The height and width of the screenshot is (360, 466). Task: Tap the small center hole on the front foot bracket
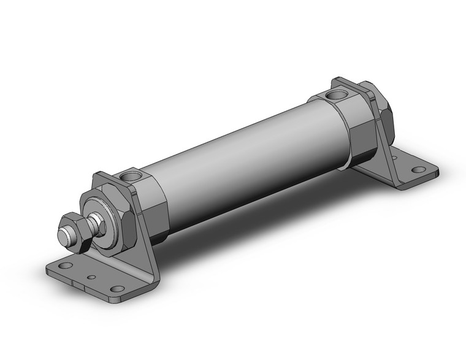click(91, 277)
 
